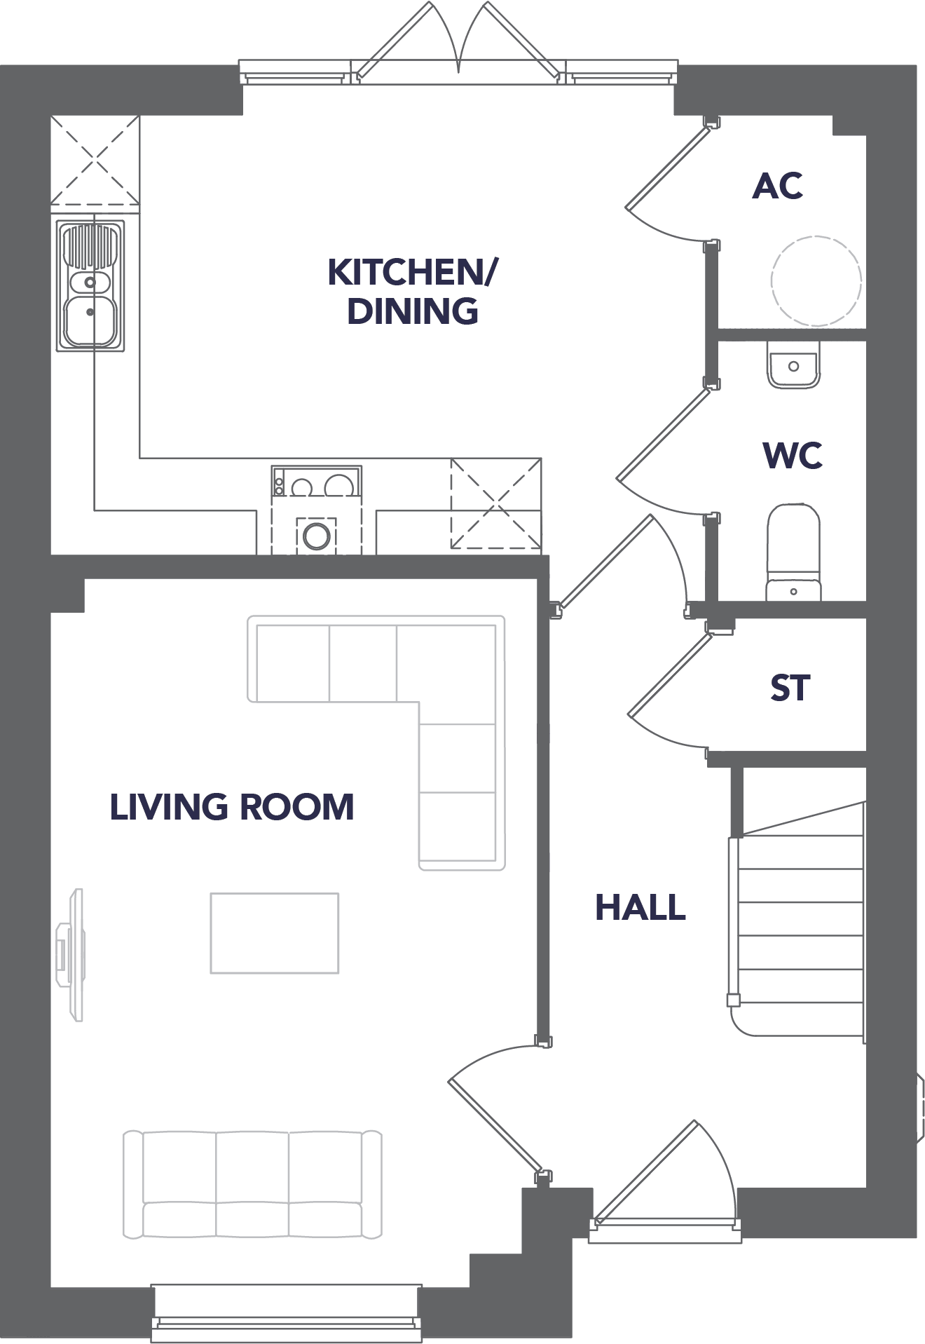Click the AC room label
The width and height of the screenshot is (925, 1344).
coord(777,186)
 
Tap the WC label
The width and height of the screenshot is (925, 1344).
coord(793,455)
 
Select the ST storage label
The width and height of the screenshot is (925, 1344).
coord(790,688)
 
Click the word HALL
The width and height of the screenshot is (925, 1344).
coord(640,907)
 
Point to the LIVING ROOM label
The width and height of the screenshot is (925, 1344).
coord(232,807)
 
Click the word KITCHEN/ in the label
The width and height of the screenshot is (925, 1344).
coord(413,272)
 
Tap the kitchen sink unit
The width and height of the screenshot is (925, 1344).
coord(90,285)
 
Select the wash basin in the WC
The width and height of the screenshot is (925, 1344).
coord(793,364)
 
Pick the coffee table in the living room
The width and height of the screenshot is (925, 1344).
coord(275,932)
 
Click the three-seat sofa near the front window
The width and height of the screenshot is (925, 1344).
coord(253,1183)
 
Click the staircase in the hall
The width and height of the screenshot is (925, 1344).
coord(797,918)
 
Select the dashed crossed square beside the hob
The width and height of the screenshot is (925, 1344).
coord(496,503)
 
